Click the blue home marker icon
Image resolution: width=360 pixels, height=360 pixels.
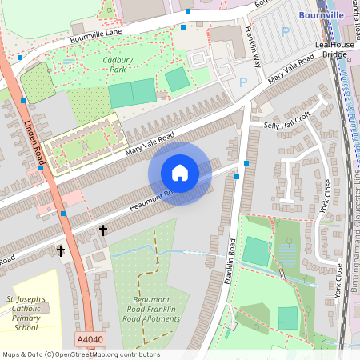[180, 173]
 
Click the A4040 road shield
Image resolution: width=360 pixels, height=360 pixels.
[90, 341]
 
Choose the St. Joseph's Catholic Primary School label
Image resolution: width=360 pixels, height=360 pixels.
[27, 314]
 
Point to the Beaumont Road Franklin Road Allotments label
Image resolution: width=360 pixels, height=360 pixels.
[151, 311]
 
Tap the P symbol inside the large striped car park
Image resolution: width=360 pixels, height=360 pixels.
[286, 31]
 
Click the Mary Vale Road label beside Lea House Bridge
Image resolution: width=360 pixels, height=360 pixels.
[291, 70]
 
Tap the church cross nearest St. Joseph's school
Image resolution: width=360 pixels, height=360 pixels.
[61, 250]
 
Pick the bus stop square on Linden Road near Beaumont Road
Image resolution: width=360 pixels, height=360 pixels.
[62, 214]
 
